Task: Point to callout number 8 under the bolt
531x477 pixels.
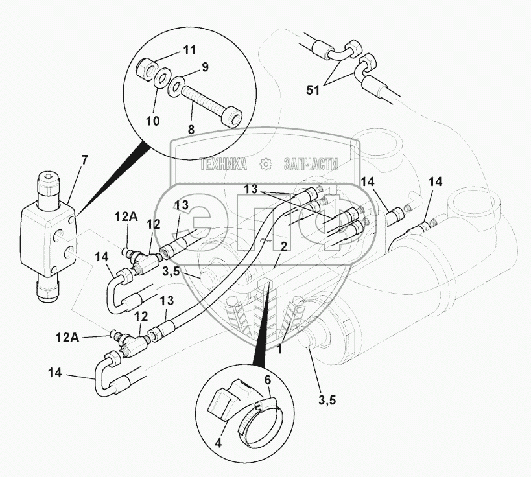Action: [190, 130]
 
